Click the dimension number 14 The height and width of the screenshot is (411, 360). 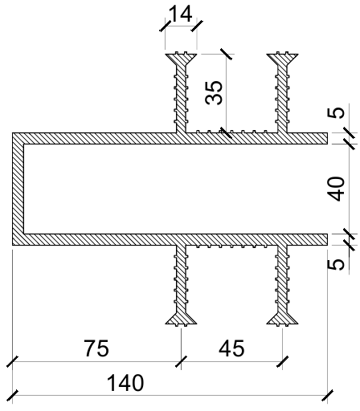coord(181,14)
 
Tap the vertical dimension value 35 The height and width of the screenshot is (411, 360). coord(214,92)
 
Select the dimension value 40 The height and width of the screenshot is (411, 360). coord(336,189)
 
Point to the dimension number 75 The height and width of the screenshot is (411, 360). coord(96,348)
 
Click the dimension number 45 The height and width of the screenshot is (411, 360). coord(231,348)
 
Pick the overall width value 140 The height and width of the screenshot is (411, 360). coord(125,383)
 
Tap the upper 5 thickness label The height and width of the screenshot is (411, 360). coord(336,112)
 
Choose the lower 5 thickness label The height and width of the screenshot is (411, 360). coord(336,264)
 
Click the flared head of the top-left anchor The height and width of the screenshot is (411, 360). coord(181,59)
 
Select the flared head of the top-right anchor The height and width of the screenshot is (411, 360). coord(282,59)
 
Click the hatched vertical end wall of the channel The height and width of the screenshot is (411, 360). coord(18,189)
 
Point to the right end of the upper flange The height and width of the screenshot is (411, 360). coord(327,138)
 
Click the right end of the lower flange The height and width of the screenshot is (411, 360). coord(327,239)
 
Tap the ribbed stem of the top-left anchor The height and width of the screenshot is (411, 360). coord(181,99)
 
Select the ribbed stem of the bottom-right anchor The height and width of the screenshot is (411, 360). coord(282,279)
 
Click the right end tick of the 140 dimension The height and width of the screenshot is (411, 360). coord(327,396)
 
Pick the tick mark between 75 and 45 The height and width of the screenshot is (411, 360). coord(181,362)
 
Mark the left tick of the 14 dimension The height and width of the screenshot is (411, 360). coord(165,26)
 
